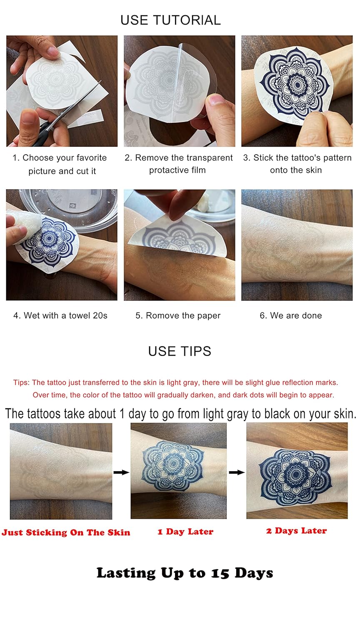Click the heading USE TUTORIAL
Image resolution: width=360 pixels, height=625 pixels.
170,20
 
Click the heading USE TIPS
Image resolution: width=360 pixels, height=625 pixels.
180,351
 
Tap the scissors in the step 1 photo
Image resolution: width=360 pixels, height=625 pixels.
67,115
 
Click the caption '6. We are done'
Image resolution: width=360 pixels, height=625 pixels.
291,315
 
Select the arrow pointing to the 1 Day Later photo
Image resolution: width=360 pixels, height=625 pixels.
121,472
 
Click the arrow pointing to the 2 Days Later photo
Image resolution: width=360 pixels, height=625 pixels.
237,472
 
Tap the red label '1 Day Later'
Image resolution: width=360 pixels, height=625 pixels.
185,532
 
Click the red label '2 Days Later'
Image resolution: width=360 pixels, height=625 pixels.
296,530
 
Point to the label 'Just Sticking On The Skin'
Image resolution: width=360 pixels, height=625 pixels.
66,532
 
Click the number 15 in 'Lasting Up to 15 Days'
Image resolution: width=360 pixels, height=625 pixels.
220,573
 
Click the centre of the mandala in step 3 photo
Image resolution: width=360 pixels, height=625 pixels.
297,85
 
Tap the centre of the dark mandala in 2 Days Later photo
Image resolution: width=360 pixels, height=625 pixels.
295,474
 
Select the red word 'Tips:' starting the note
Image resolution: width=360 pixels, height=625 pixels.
21,382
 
